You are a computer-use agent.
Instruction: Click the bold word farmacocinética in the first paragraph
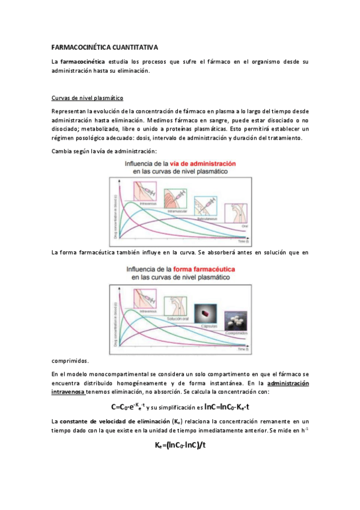tap(83, 62)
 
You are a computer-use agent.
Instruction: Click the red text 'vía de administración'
tap(203, 164)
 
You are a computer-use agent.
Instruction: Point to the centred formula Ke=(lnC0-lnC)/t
tap(180, 445)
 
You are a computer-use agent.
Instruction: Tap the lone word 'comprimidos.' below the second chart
tap(70, 361)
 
